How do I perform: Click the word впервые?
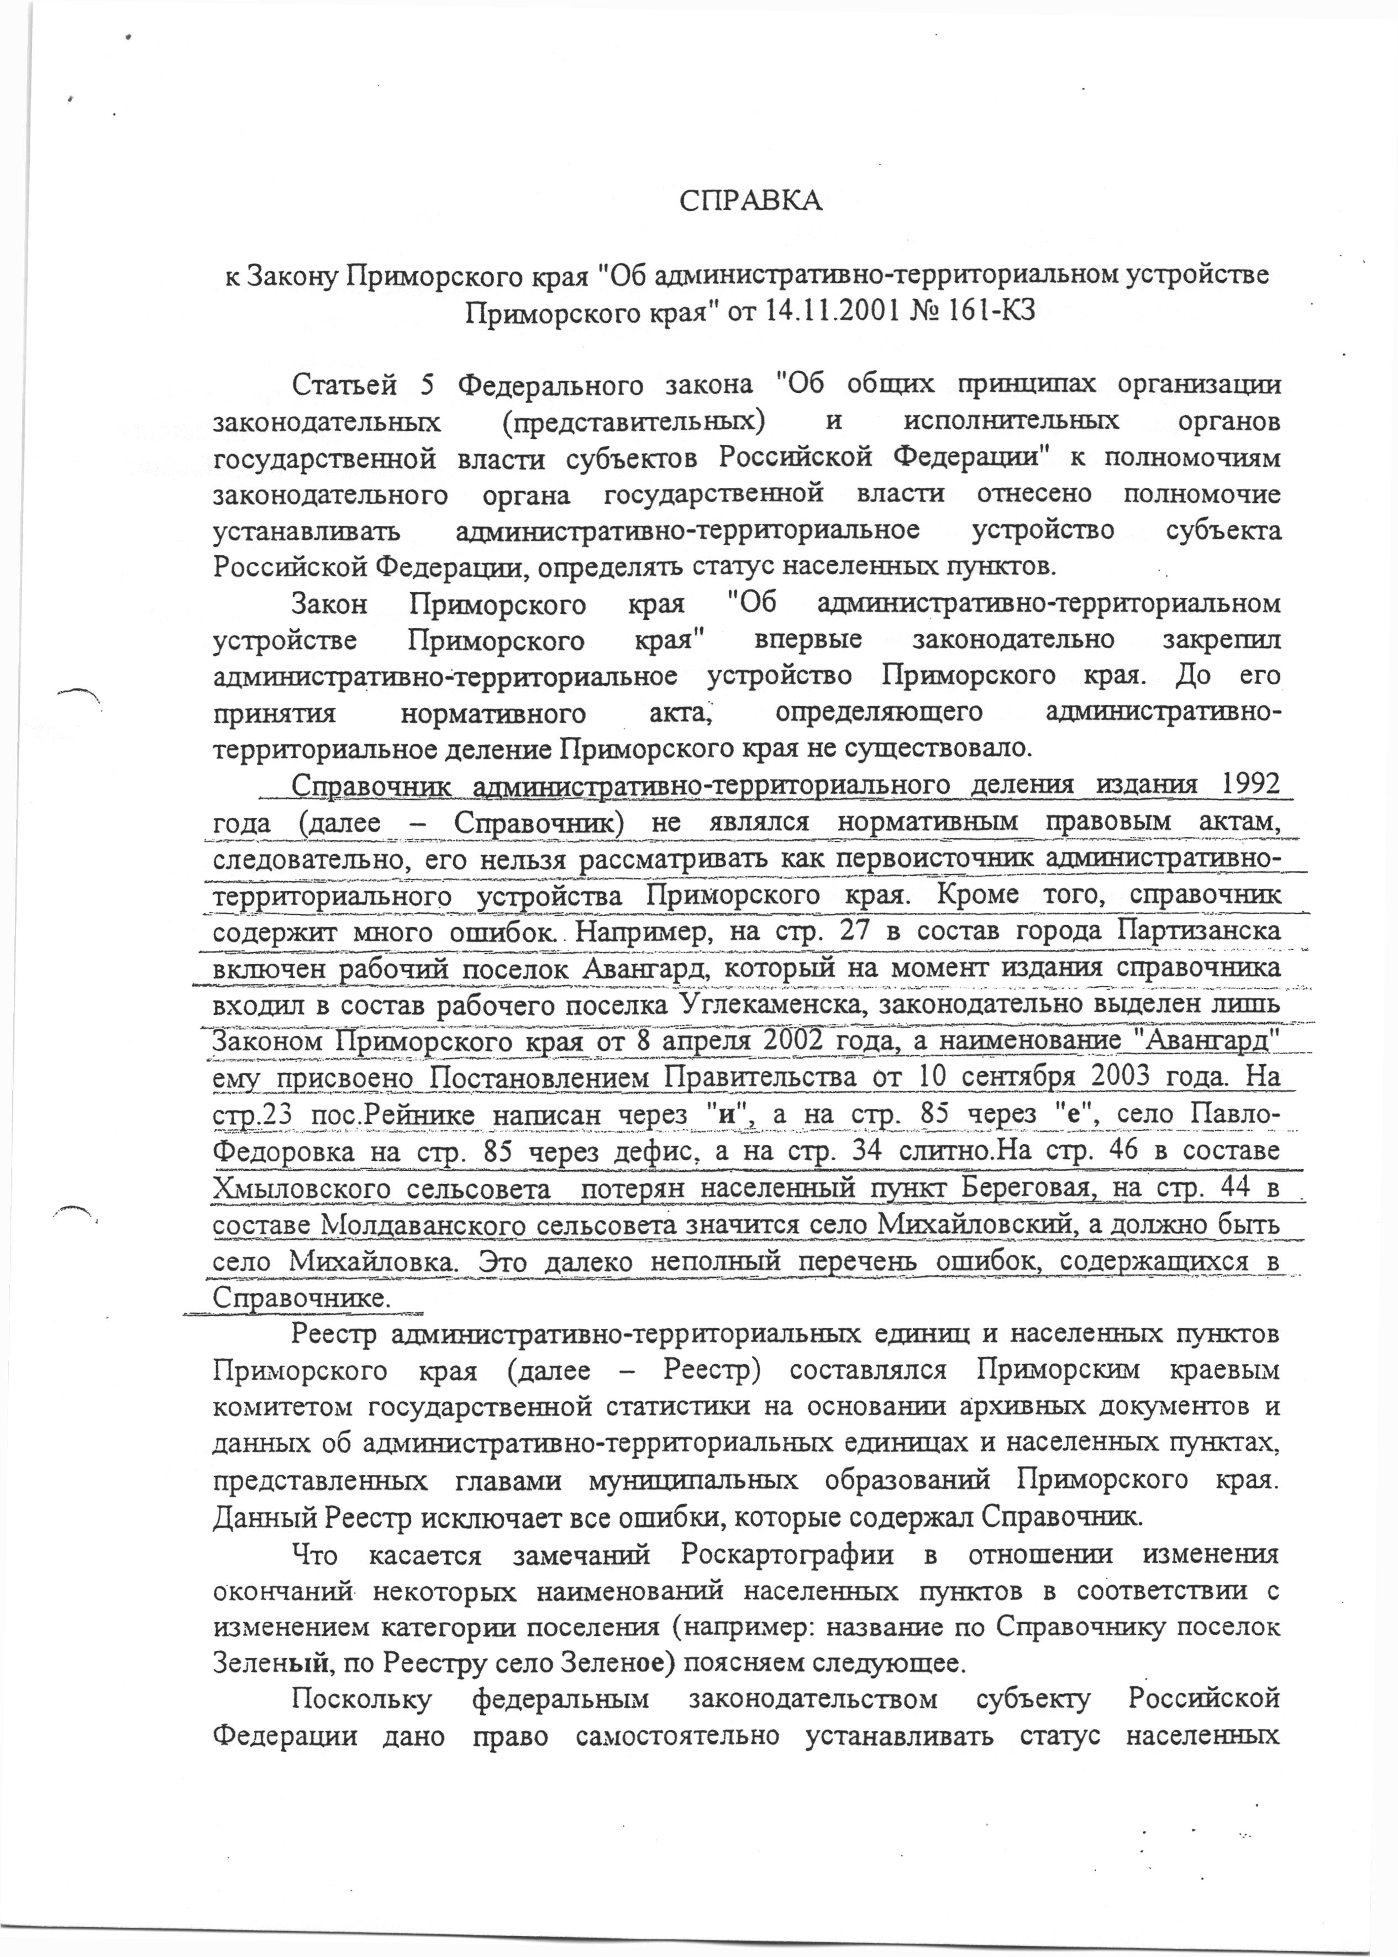(808, 639)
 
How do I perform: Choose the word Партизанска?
(1199, 930)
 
